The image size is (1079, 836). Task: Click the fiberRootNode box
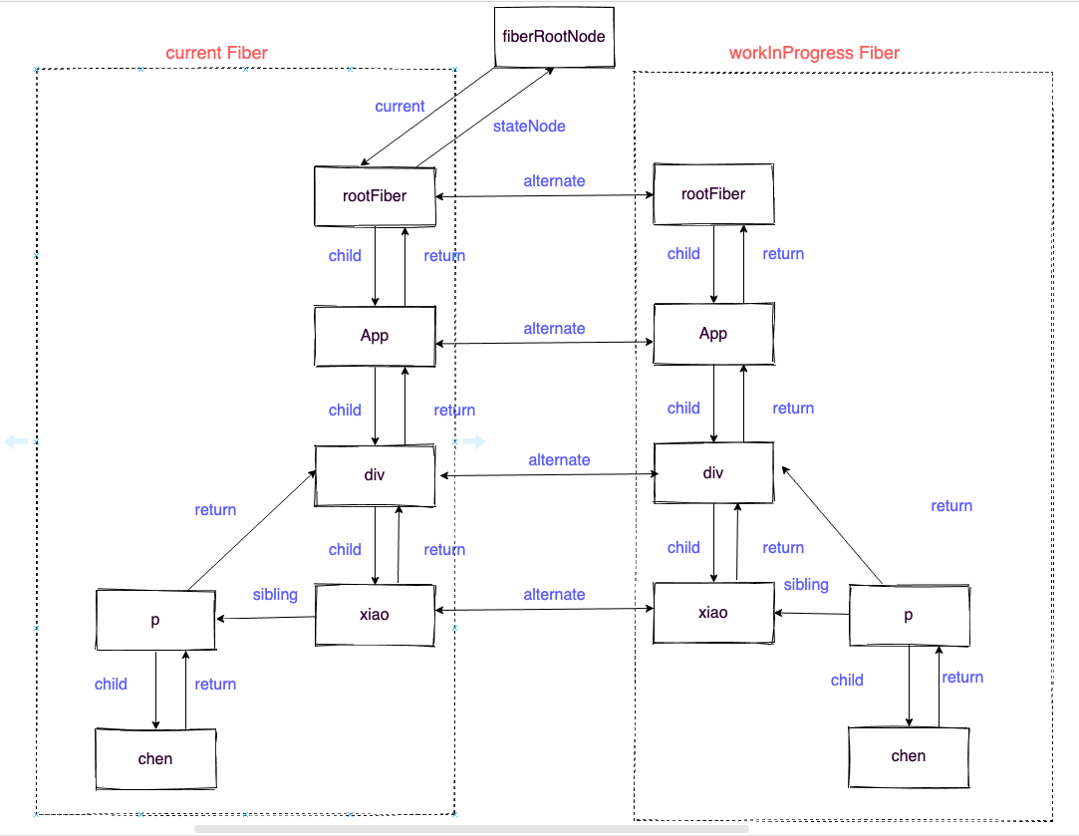pos(554,37)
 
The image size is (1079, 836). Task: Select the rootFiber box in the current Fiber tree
pos(375,196)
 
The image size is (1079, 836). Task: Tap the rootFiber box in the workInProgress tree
pos(713,194)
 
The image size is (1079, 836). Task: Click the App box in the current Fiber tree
pos(375,336)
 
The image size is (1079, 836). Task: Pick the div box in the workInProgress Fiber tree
pos(713,473)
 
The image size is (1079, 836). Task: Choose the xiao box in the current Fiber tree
pos(375,615)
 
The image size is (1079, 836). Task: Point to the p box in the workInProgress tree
pos(909,616)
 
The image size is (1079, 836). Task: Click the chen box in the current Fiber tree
pos(155,758)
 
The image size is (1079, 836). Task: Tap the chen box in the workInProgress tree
pos(909,756)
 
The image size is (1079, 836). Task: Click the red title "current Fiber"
pos(216,53)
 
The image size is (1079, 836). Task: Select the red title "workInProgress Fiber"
pos(814,53)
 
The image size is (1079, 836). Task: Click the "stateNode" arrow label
pos(529,127)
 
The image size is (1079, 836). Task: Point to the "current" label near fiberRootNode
pos(400,107)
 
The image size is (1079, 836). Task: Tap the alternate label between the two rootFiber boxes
pos(554,181)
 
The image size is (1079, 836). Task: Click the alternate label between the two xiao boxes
pos(554,595)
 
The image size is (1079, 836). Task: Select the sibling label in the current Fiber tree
pos(275,595)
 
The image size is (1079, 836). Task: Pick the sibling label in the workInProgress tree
pos(806,585)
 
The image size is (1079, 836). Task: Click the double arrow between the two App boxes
pos(545,344)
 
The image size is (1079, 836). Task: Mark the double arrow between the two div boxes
pos(545,475)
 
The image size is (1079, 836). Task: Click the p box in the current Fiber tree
pos(155,620)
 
